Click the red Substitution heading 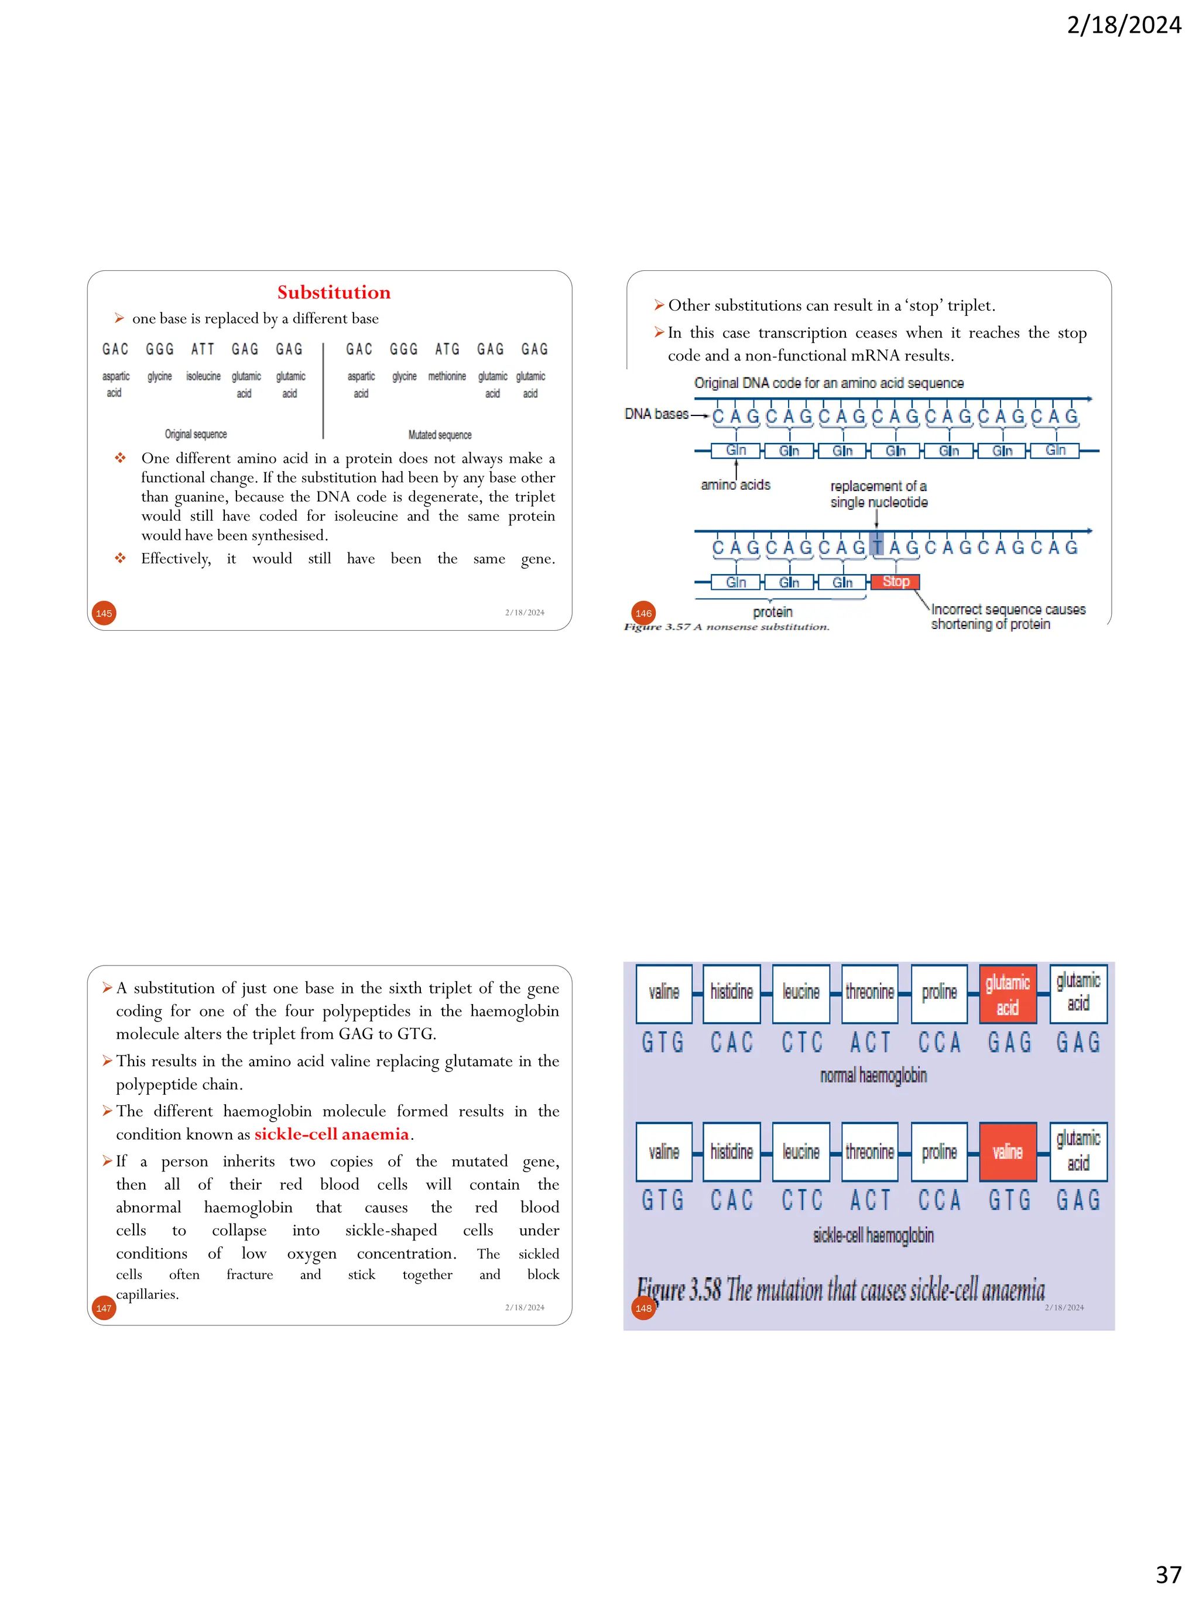(333, 292)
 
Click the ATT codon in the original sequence (203, 350)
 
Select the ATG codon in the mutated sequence (447, 350)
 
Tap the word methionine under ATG (447, 376)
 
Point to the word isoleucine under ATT (203, 376)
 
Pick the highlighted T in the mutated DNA (876, 548)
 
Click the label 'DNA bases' (656, 414)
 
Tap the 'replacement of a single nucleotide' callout (878, 494)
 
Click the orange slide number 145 (104, 613)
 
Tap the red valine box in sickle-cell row (1008, 1152)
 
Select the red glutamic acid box (1008, 994)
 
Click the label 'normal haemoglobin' (873, 1075)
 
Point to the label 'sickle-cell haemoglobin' (873, 1235)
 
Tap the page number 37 (1168, 1574)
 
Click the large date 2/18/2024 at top (1123, 25)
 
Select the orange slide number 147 (104, 1308)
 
